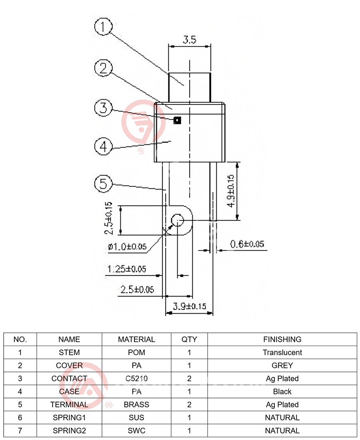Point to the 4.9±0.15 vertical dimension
tap(231, 190)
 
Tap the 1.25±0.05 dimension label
tap(127, 268)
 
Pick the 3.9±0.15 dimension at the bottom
tap(189, 306)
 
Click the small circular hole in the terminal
tap(177, 220)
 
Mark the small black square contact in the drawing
tap(177, 120)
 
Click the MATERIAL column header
tap(136, 340)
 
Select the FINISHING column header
tap(282, 340)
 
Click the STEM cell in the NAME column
tap(69, 352)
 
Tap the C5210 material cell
tap(136, 378)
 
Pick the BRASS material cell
tap(136, 404)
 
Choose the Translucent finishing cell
tap(282, 352)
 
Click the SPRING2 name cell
tap(69, 431)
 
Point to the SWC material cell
tap(136, 431)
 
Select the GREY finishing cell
tap(282, 366)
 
